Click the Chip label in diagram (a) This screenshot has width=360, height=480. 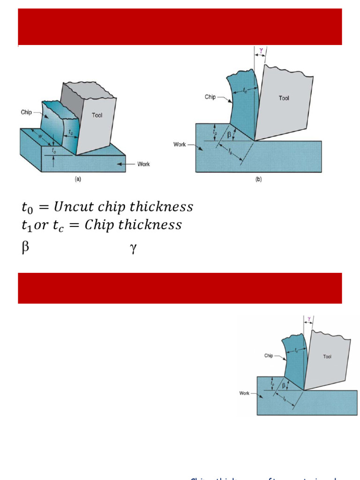click(x=26, y=112)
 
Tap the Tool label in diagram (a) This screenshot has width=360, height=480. click(x=97, y=115)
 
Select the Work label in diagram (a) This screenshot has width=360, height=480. click(x=143, y=164)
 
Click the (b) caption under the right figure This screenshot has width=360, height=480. click(x=258, y=179)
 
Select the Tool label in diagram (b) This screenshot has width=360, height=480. click(x=284, y=98)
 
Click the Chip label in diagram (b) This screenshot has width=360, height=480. click(x=210, y=97)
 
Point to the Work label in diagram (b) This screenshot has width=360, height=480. click(x=180, y=144)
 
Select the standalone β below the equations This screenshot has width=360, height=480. click(x=25, y=248)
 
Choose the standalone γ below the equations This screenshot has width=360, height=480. click(x=133, y=249)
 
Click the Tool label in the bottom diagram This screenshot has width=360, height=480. click(x=327, y=357)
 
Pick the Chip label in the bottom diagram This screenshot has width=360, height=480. click(x=269, y=356)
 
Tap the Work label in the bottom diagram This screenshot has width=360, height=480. click(x=244, y=393)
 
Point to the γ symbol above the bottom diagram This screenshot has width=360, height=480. click(x=309, y=319)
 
